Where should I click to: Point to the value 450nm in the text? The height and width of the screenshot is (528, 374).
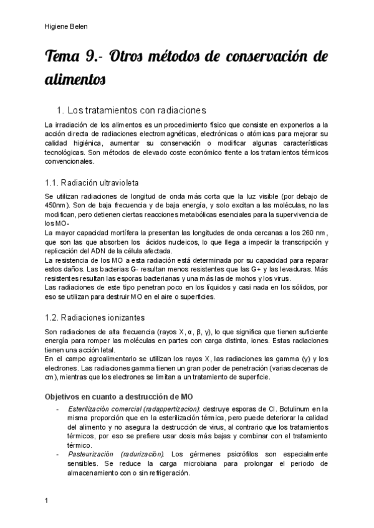tap(56, 204)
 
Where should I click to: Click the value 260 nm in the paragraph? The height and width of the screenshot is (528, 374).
tap(304, 233)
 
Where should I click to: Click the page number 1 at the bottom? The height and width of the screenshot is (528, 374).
tap(47, 499)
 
